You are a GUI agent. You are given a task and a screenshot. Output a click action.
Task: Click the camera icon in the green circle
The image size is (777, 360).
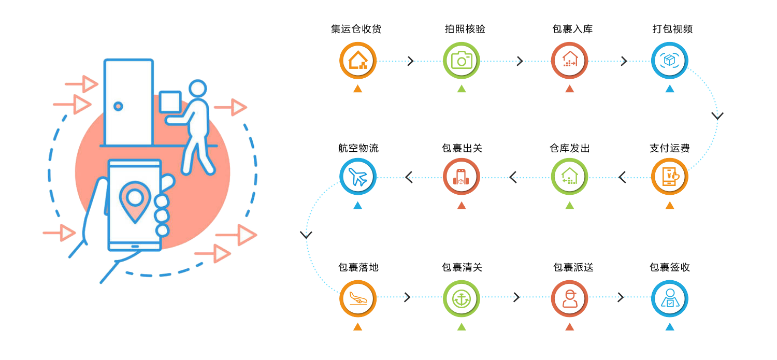tap(462, 61)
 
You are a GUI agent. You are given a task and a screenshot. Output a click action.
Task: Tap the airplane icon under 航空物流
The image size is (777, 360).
tap(358, 177)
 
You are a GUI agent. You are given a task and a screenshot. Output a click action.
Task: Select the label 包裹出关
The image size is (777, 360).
tap(462, 148)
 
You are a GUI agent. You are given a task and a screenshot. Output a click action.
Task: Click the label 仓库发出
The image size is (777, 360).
tap(569, 148)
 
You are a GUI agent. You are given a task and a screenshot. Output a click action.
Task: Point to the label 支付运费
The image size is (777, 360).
tap(669, 148)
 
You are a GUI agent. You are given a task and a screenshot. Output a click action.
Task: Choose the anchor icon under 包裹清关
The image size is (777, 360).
tap(461, 298)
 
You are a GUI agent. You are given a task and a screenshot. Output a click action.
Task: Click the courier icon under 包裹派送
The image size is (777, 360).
tap(569, 298)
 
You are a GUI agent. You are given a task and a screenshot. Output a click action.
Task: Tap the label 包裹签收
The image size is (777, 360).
tap(669, 267)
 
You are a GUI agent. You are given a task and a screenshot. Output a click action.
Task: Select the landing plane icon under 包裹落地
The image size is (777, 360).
tap(358, 298)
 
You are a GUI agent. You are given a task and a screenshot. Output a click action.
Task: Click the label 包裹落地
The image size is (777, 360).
tap(358, 267)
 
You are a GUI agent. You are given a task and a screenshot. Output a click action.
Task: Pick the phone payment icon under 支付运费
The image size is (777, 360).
tap(670, 177)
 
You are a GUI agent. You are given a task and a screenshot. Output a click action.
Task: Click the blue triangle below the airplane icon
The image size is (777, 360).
tap(357, 206)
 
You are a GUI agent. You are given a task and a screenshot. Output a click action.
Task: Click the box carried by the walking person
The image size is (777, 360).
tap(170, 102)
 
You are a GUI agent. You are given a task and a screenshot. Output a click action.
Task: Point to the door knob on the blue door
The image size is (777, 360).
tap(118, 106)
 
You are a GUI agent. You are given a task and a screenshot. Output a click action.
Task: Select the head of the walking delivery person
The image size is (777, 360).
tap(197, 89)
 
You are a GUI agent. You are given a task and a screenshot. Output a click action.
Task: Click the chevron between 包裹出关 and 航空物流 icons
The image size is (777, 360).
tap(408, 177)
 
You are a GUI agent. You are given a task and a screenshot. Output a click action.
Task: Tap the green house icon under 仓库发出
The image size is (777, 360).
tap(569, 177)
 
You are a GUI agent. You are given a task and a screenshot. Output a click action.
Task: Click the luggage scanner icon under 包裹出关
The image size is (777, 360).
tap(461, 177)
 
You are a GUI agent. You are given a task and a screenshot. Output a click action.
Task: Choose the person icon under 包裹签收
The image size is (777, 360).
tap(670, 298)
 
